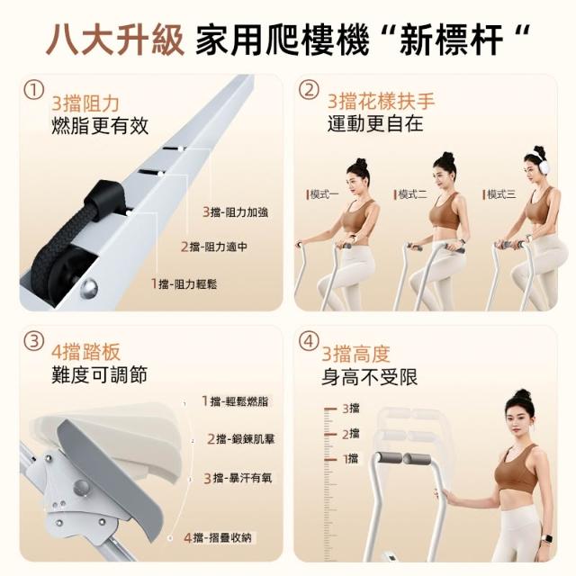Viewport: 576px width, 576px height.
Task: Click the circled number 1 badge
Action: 34,90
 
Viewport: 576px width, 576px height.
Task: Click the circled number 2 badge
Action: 309,90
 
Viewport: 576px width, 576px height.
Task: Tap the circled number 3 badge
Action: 34,342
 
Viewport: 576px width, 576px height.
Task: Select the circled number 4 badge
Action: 309,342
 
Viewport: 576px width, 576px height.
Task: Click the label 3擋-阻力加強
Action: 236,212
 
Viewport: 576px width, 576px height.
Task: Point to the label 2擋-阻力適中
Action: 214,247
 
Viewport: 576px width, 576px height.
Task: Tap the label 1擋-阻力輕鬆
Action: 184,283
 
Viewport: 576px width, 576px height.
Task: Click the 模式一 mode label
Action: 323,194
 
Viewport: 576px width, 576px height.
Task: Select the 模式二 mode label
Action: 410,194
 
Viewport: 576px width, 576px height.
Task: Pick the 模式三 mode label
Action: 499,194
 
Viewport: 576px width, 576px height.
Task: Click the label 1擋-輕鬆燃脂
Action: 236,400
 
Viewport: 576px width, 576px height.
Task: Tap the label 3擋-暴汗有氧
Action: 238,478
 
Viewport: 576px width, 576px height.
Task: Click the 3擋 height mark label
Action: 351,408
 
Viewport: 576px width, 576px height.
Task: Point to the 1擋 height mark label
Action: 351,458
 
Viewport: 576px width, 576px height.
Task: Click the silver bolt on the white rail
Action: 89,287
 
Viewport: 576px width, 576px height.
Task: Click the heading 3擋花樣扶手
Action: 381,101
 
